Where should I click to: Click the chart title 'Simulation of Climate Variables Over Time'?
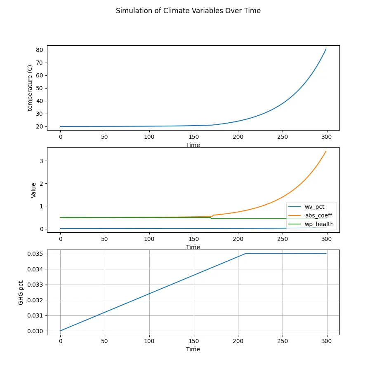point(188,11)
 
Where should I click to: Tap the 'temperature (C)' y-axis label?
point(30,88)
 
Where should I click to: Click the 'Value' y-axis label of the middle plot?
point(34,190)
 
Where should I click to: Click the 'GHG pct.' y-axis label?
point(21,292)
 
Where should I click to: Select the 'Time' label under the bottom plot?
point(193,349)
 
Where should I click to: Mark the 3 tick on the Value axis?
point(41,161)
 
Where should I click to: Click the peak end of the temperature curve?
point(326,49)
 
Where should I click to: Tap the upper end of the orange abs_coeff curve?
point(326,151)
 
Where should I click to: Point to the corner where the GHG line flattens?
point(246,253)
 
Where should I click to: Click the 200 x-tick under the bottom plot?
point(238,341)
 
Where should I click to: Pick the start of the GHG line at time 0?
point(60,331)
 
